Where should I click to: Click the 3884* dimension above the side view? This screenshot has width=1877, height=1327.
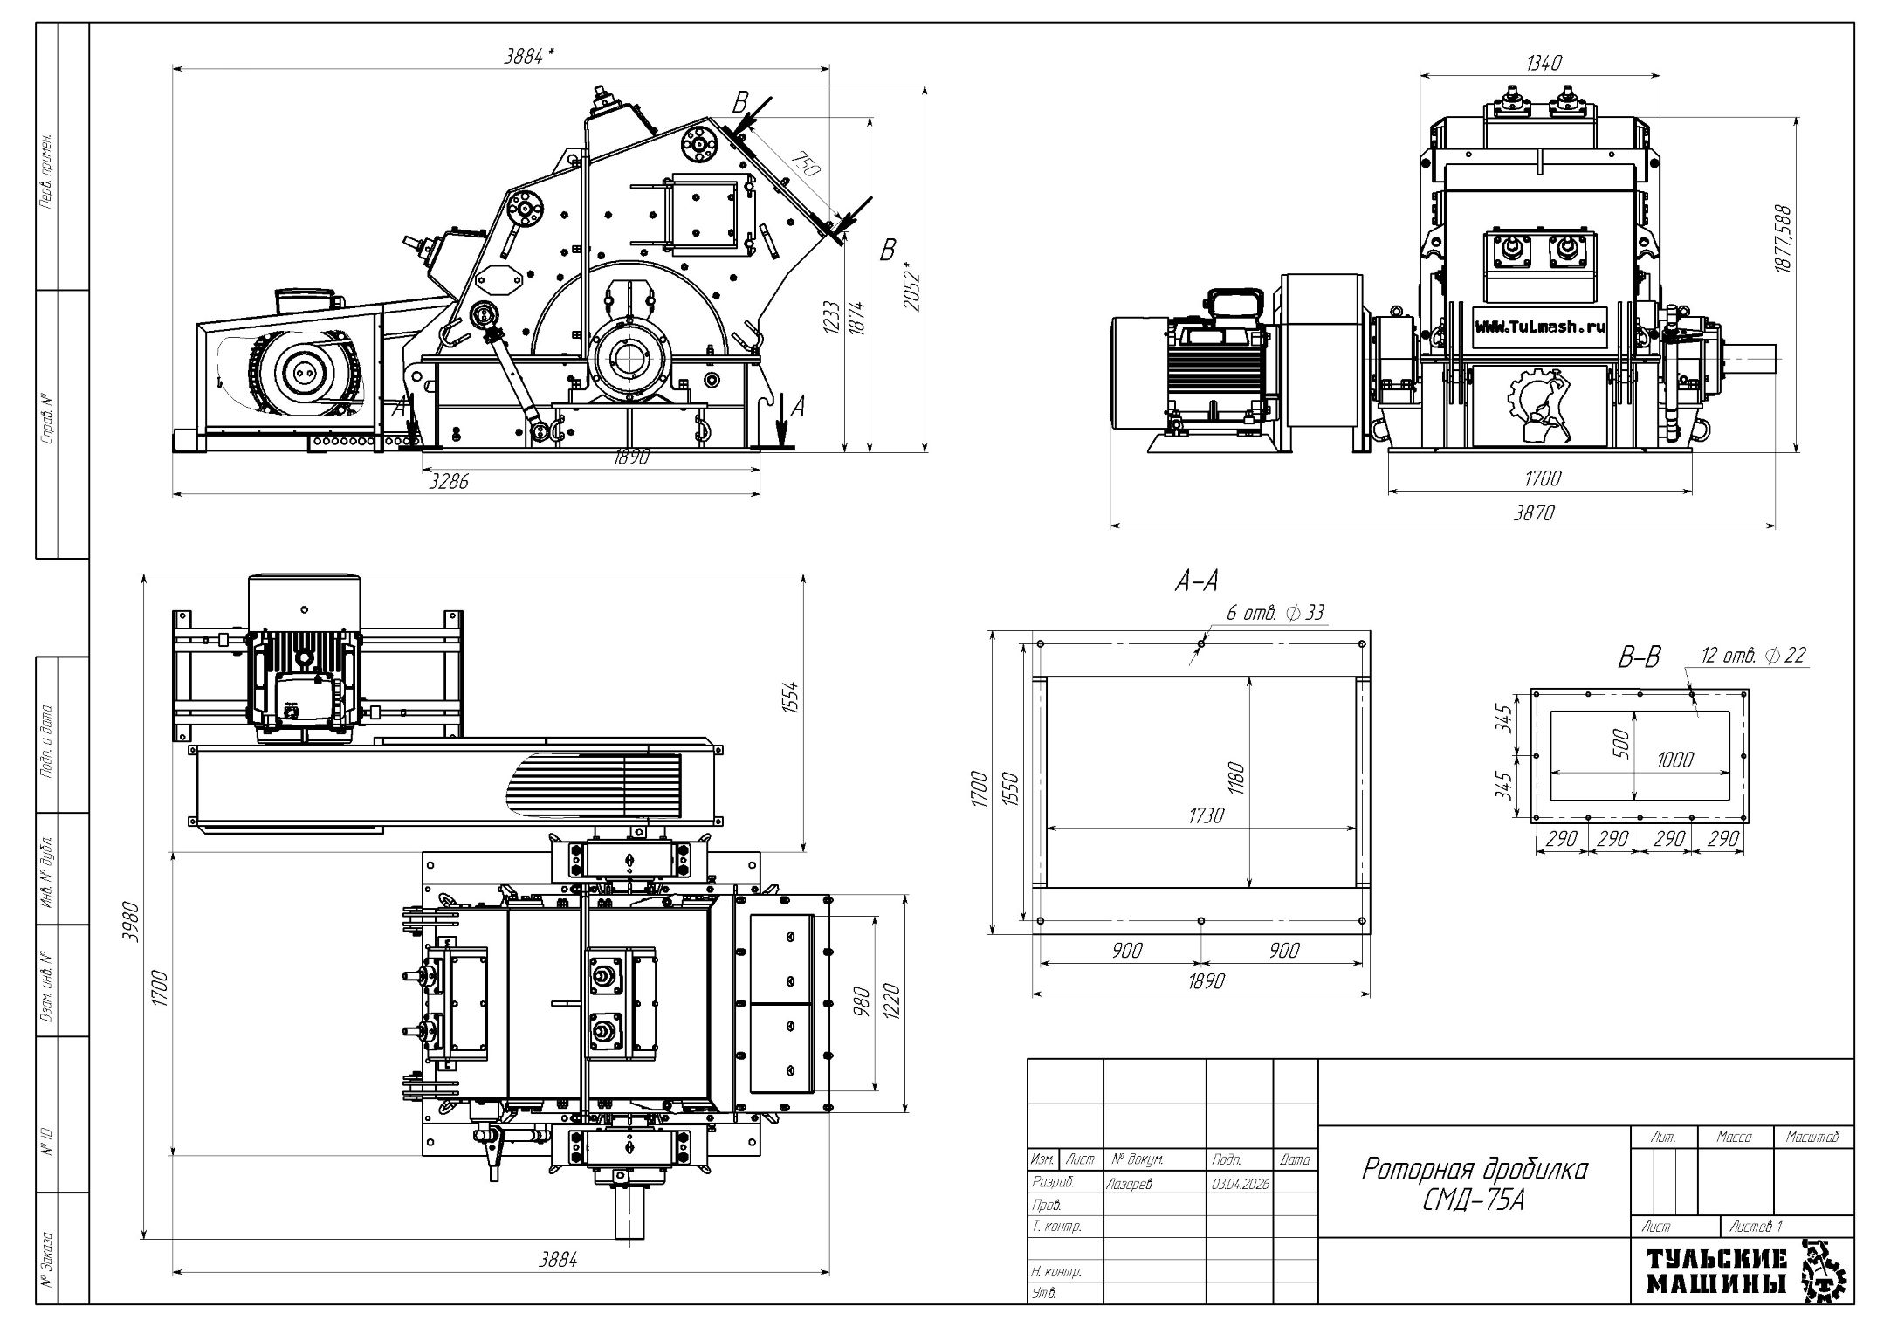pyautogui.click(x=530, y=56)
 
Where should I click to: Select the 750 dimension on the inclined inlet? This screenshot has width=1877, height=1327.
pyautogui.click(x=806, y=165)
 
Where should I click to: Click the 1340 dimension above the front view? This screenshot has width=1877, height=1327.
pyautogui.click(x=1544, y=63)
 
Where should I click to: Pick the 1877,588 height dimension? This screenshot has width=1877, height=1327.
pyautogui.click(x=1782, y=239)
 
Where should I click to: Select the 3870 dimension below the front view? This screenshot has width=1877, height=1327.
pyautogui.click(x=1534, y=512)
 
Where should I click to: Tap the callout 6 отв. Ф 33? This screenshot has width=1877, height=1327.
pyautogui.click(x=1275, y=613)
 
